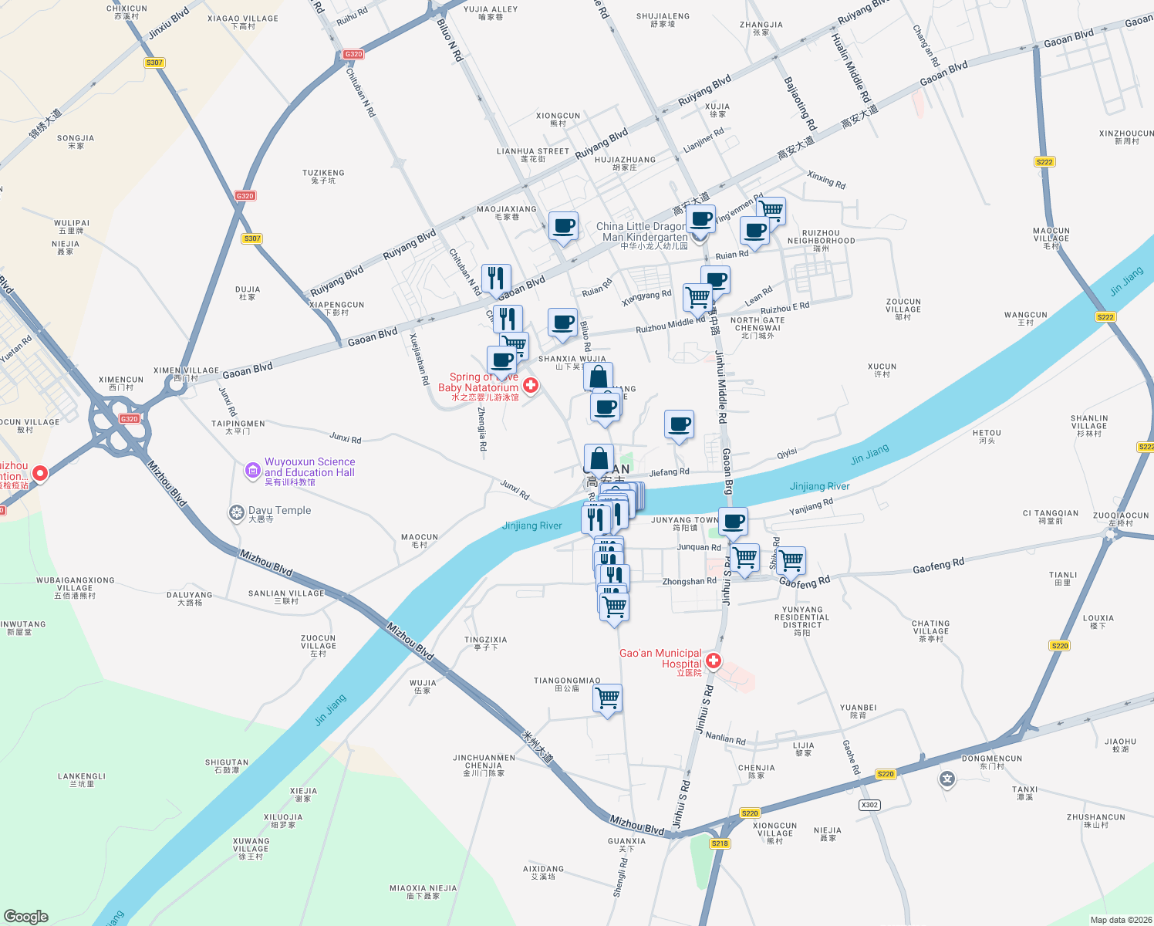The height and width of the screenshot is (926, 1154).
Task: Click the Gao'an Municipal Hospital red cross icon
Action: tap(714, 661)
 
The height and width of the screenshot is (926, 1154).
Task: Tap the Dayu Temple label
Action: tap(279, 511)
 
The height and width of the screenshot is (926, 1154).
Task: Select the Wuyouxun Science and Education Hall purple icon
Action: tap(252, 470)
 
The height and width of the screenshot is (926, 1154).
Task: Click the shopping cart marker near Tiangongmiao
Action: tap(607, 698)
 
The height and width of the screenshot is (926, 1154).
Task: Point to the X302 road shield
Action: tap(869, 805)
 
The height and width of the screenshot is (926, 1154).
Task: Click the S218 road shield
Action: tap(720, 843)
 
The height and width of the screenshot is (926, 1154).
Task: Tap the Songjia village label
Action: tap(76, 141)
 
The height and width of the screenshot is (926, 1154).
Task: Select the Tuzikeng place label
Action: tap(323, 176)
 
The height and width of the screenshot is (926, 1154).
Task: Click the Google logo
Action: tap(26, 916)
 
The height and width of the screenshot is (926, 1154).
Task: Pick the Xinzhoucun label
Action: tap(1126, 137)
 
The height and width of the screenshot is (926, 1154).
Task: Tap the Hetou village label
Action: tap(987, 436)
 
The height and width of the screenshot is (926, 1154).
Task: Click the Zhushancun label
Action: tap(1095, 820)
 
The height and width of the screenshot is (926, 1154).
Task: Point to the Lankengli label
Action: tap(82, 779)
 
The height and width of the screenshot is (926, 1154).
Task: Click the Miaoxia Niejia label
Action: tap(423, 891)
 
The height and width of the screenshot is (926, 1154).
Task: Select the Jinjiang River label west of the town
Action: tap(532, 526)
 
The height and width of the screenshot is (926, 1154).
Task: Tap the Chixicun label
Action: tap(127, 12)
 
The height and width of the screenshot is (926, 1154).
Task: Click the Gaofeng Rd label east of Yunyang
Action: tap(938, 566)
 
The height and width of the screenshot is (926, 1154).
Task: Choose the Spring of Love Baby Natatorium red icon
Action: tap(531, 384)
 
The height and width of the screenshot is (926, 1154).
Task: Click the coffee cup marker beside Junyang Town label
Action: tap(733, 522)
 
